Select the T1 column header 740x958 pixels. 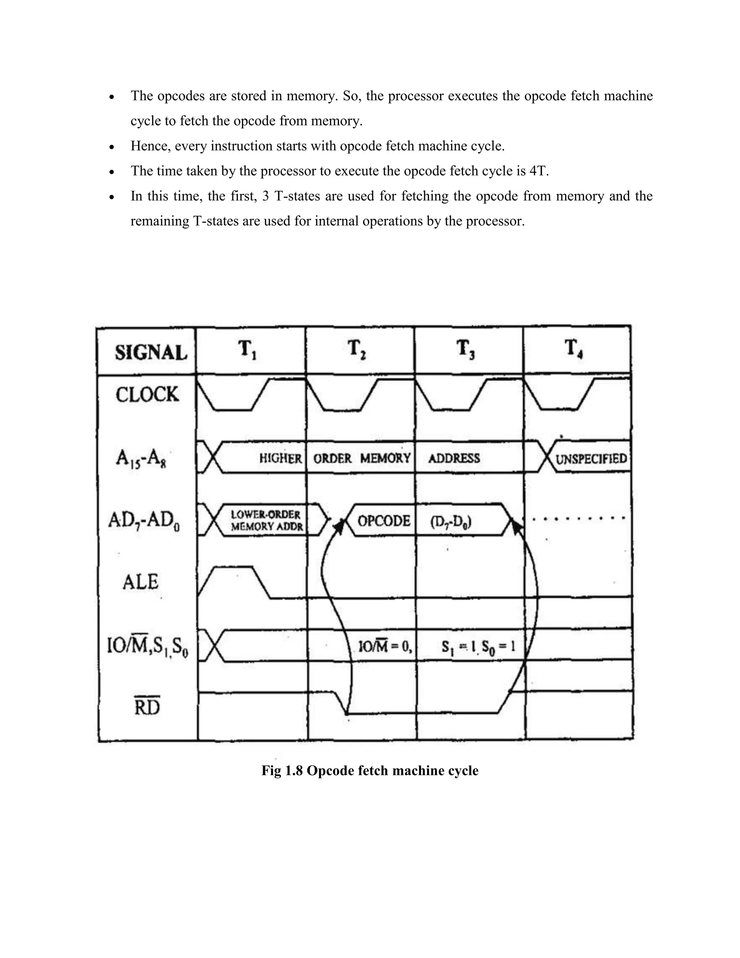247,350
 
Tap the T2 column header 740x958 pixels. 356,350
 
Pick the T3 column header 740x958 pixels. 465,350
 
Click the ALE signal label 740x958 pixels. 140,582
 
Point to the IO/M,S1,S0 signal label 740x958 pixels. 148,647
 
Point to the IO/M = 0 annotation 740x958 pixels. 385,647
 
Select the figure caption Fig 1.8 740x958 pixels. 370,770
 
